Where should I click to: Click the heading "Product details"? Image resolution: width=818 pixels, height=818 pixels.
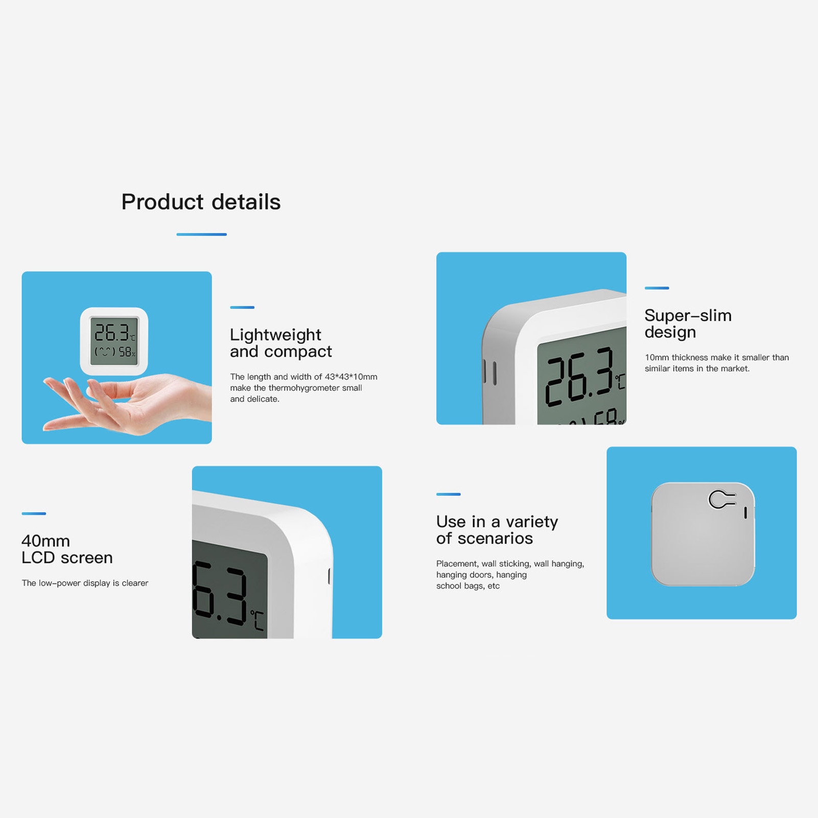pos(201,202)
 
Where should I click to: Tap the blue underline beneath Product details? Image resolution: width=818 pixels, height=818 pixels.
pos(201,235)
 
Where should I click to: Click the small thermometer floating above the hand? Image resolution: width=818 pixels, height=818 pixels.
pos(114,341)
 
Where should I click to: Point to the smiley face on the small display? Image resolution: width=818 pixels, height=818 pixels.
pos(105,352)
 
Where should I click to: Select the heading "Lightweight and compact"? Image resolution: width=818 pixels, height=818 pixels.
pos(281,343)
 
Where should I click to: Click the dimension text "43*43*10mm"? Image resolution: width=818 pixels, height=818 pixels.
pos(351,377)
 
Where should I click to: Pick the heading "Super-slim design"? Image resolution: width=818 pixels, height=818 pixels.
pos(688,323)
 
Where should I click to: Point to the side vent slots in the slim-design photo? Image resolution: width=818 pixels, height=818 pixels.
pos(489,372)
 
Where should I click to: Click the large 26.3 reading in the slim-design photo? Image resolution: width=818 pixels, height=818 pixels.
pos(579,377)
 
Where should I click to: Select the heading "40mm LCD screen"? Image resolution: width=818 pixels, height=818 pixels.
pos(67,549)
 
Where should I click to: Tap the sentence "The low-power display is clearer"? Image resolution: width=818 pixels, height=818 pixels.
pos(85,583)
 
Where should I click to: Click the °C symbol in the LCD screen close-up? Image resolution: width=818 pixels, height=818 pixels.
pos(258,620)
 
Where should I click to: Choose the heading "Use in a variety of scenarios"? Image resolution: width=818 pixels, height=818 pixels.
pos(497,530)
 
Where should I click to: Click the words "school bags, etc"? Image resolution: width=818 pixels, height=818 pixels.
pos(468,586)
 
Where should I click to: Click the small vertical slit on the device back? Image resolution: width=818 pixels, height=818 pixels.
pos(745,513)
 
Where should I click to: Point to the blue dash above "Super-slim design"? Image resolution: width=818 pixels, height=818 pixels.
pos(657,288)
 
